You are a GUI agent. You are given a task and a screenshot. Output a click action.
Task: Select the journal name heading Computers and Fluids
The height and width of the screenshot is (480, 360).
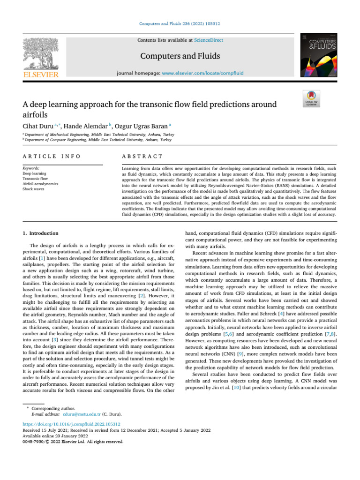[180, 56]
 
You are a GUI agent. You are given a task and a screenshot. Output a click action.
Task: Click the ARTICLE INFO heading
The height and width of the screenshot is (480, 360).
[51, 156]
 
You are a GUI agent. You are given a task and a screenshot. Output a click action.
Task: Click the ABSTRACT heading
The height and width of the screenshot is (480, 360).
[142, 156]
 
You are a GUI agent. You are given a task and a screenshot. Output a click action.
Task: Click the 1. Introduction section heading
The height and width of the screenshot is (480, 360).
[41, 233]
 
